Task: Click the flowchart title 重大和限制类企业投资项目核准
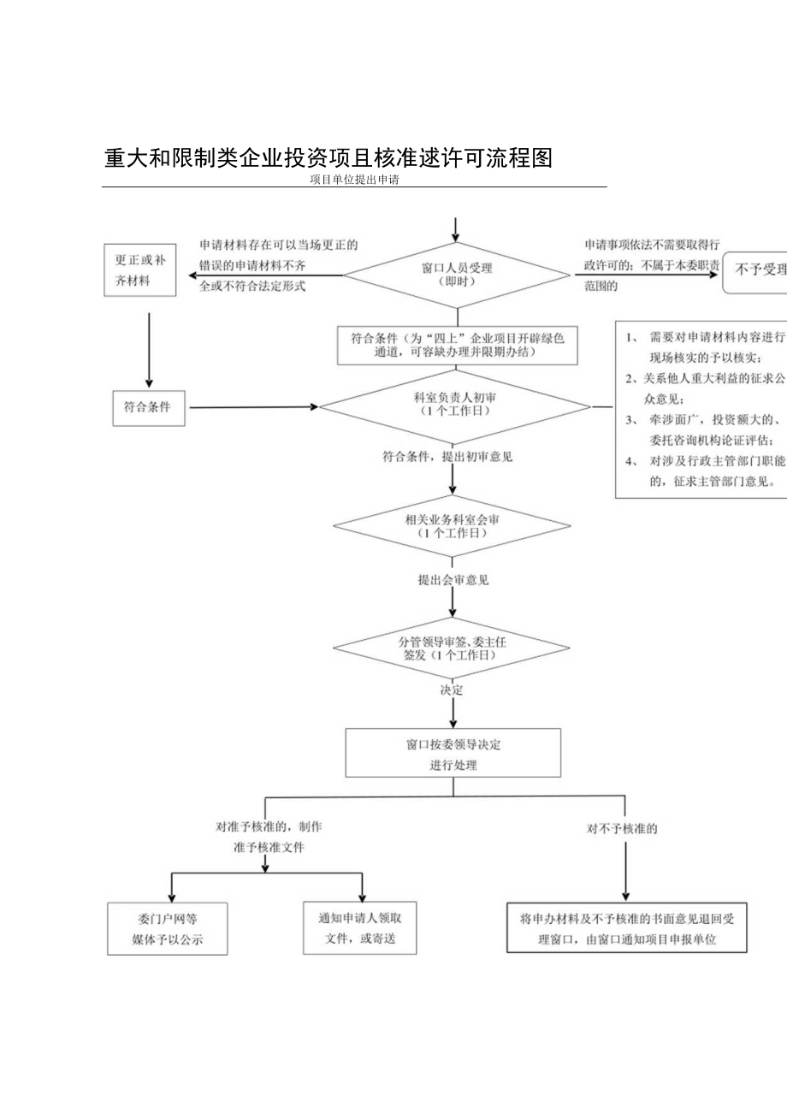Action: click(328, 159)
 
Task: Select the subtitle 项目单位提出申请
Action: click(356, 181)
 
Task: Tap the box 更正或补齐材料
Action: click(140, 270)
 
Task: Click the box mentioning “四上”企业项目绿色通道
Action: click(453, 344)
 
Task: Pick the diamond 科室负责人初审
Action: click(454, 406)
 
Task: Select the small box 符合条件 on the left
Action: click(150, 407)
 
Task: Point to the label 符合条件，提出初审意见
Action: click(447, 457)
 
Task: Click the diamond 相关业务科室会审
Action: click(453, 525)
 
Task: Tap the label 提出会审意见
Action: click(453, 580)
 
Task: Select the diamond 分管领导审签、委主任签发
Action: click(453, 648)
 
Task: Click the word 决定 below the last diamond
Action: click(452, 690)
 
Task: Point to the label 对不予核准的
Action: click(627, 829)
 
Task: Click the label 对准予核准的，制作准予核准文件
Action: click(268, 838)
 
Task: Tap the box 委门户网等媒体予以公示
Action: click(168, 930)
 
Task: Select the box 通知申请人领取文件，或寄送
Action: click(359, 929)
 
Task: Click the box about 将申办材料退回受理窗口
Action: click(627, 929)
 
